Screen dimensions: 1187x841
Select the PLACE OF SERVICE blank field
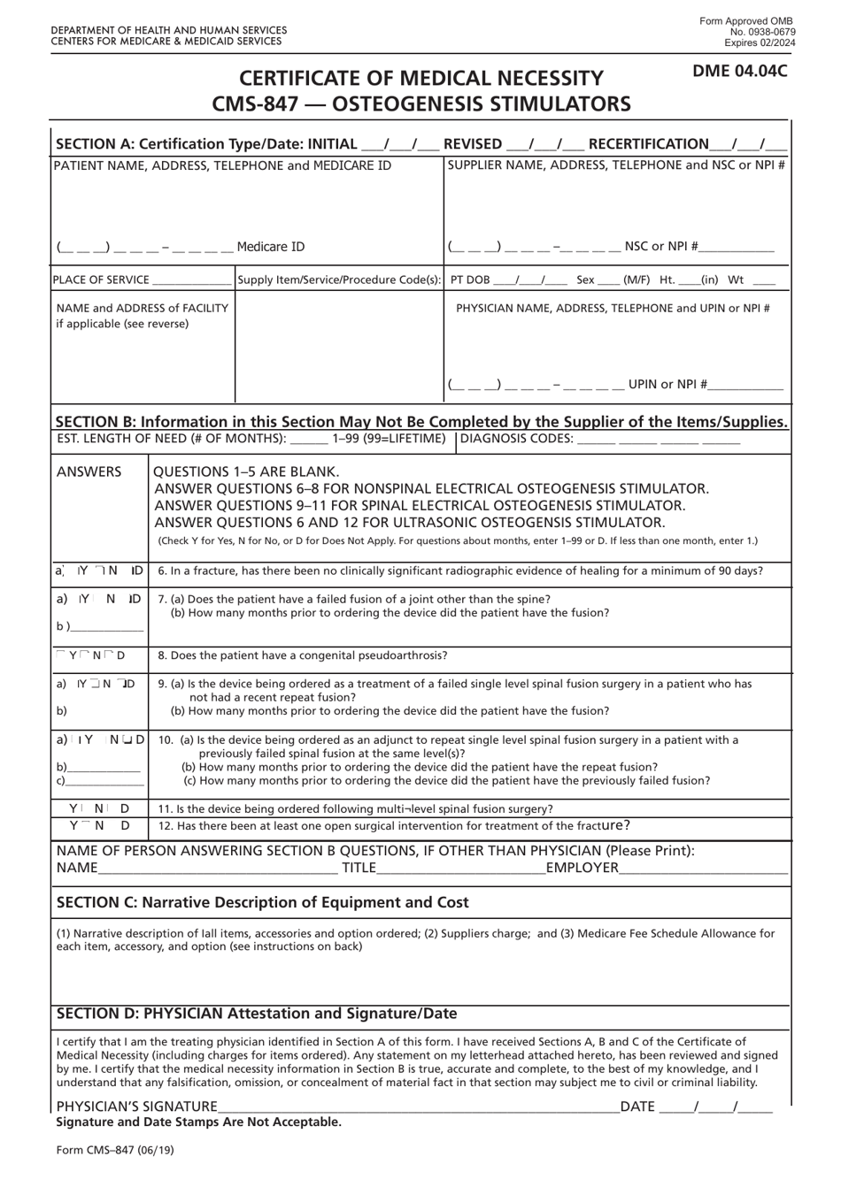point(191,280)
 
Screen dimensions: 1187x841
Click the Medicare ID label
point(271,247)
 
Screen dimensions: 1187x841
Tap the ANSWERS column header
point(89,471)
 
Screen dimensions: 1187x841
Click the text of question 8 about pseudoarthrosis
point(303,655)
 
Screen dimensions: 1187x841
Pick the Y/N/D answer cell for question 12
point(99,825)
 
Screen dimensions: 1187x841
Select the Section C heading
point(263,902)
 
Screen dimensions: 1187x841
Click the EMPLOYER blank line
point(703,868)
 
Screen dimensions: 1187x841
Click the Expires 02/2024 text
point(759,42)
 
